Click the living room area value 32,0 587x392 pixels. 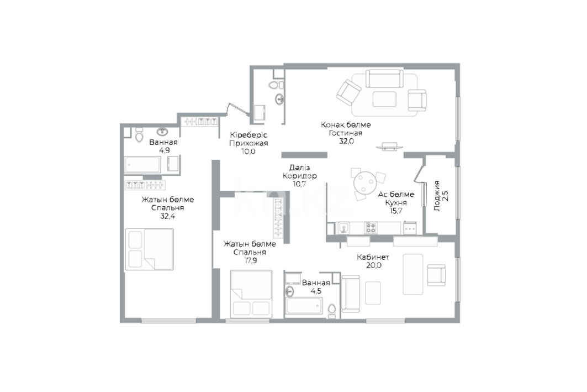point(346,141)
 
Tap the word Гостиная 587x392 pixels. point(346,133)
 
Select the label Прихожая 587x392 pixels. point(248,143)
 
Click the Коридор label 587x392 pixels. point(299,176)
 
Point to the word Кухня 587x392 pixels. point(396,202)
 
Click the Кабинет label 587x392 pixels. point(373,257)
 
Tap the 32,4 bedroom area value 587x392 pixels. point(168,216)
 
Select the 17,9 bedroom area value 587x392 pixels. point(250,260)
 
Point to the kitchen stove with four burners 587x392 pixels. point(371,228)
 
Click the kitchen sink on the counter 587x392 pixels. point(343,227)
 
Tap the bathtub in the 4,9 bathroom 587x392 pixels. point(142,165)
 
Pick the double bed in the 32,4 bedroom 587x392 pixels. point(149,249)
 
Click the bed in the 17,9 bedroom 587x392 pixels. point(251,294)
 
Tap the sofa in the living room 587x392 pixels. point(384,79)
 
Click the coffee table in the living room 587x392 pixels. point(384,99)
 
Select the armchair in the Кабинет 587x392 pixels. point(436,275)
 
